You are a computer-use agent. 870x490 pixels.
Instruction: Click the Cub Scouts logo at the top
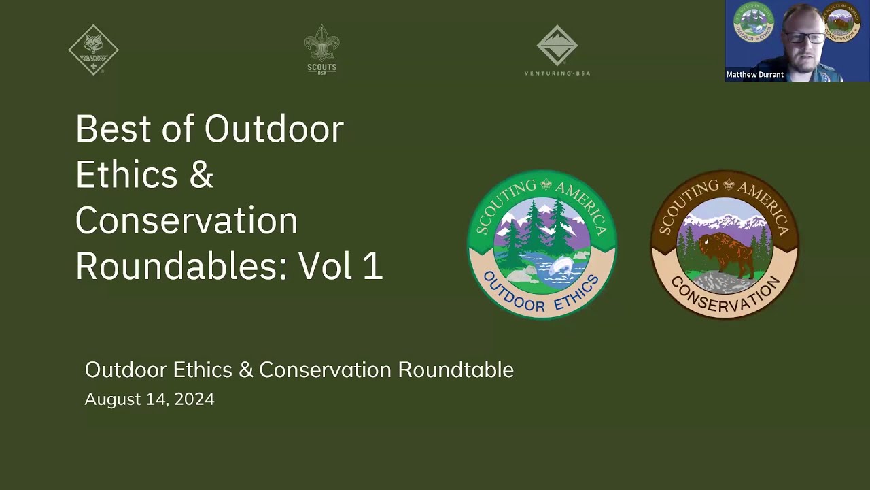tap(94, 50)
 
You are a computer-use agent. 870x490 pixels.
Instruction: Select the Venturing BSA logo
tap(557, 50)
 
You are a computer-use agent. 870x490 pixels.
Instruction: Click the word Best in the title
tap(113, 129)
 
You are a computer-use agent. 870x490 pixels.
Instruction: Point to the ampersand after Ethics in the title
tap(201, 175)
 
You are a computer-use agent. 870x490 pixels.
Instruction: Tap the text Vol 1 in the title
tap(341, 266)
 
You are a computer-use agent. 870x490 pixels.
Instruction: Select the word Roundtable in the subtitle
tap(455, 370)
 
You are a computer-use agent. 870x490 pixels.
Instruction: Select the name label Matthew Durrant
tap(755, 75)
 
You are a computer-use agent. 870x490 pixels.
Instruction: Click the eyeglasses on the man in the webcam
tap(804, 37)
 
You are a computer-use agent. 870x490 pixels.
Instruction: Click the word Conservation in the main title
tap(186, 220)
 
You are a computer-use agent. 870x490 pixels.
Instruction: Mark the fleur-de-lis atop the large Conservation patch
tap(729, 184)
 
